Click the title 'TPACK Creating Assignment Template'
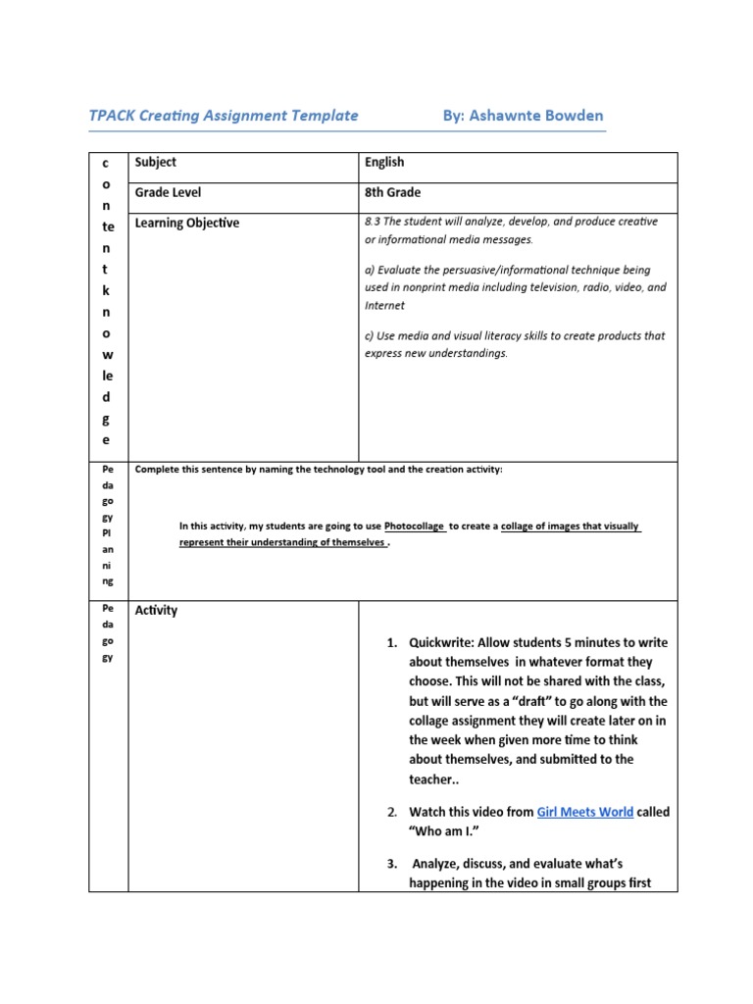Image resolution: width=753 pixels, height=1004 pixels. pyautogui.click(x=224, y=116)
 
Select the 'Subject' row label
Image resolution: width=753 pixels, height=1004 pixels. pyautogui.click(x=156, y=163)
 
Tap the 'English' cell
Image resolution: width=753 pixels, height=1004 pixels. pyautogui.click(x=384, y=163)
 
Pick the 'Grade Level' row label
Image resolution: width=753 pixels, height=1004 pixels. pyautogui.click(x=168, y=193)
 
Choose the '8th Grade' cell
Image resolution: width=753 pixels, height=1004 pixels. pyautogui.click(x=392, y=193)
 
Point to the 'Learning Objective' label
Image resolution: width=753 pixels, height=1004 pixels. pyautogui.click(x=186, y=224)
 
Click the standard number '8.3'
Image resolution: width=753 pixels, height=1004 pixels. pyautogui.click(x=374, y=222)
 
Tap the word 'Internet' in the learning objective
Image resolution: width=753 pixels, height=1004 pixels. pyautogui.click(x=383, y=306)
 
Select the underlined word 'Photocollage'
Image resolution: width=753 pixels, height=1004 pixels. pyautogui.click(x=415, y=526)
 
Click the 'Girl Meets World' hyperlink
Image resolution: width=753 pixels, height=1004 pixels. pyautogui.click(x=584, y=812)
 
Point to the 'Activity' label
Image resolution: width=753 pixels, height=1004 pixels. pyautogui.click(x=156, y=610)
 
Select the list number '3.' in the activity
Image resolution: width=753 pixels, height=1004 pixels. pyautogui.click(x=391, y=864)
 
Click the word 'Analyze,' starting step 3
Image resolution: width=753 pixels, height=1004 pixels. pyautogui.click(x=444, y=864)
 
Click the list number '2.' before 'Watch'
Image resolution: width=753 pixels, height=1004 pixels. pyautogui.click(x=391, y=812)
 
